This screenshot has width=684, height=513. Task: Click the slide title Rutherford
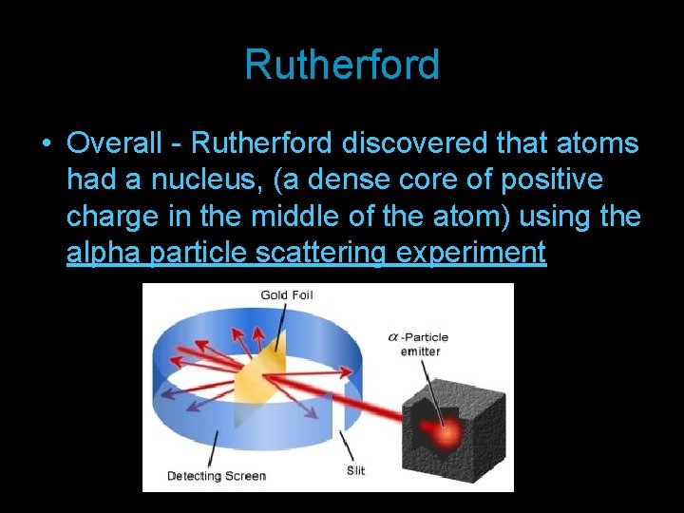pos(342,65)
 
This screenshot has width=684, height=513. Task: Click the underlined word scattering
pos(310,253)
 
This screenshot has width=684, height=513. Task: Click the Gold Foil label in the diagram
pos(286,295)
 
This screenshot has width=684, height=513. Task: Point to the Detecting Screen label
pos(217,475)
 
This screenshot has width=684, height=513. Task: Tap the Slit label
pos(355,470)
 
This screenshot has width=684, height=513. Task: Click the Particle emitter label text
pos(424,345)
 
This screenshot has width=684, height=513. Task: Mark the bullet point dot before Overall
pos(46,144)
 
